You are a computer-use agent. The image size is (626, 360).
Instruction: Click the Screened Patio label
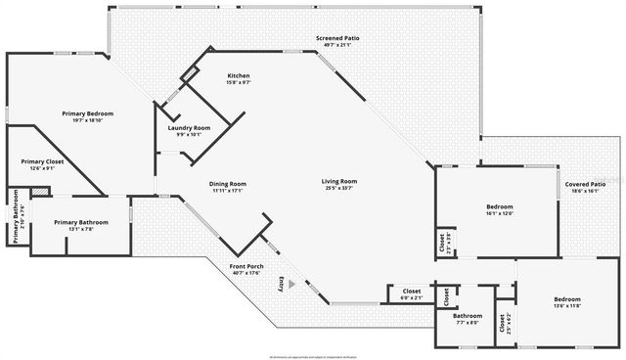pyautogui.click(x=337, y=38)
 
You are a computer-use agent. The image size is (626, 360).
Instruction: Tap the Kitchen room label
pyautogui.click(x=239, y=76)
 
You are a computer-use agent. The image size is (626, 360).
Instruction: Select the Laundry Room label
pyautogui.click(x=189, y=128)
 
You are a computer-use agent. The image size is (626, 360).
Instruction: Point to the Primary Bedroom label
pyautogui.click(x=88, y=114)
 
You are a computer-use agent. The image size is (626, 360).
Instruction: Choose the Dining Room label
pyautogui.click(x=226, y=184)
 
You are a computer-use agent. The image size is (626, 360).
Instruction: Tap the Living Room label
pyautogui.click(x=339, y=181)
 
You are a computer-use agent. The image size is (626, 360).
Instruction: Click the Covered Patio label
pyautogui.click(x=589, y=184)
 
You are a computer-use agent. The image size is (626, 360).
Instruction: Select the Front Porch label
pyautogui.click(x=246, y=266)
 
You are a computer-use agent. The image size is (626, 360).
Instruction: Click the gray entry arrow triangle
pyautogui.click(x=290, y=282)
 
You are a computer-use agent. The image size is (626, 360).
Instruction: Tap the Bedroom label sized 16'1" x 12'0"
pyautogui.click(x=501, y=209)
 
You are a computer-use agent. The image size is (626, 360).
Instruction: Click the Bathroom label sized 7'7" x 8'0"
pyautogui.click(x=468, y=316)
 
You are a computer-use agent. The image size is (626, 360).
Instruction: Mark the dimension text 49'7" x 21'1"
pyautogui.click(x=337, y=45)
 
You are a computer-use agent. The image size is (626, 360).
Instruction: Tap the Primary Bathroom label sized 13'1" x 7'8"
pyautogui.click(x=81, y=223)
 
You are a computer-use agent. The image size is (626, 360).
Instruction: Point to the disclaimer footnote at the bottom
pyautogui.click(x=312, y=354)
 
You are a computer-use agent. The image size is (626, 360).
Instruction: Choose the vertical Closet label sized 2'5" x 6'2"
pyautogui.click(x=503, y=323)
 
